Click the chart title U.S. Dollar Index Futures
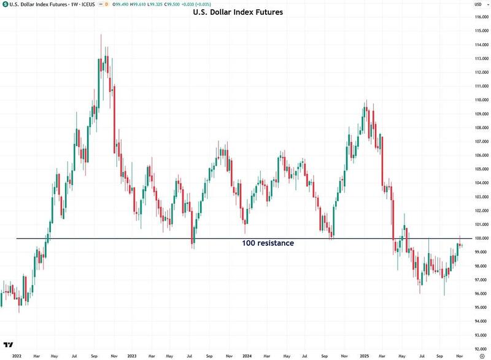tap(238, 12)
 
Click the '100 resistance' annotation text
tap(268, 243)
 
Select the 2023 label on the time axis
tap(131, 356)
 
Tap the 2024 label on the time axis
tap(246, 356)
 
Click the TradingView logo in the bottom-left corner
tap(9, 345)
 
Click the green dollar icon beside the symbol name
tap(5, 4)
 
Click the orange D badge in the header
tap(106, 4)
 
